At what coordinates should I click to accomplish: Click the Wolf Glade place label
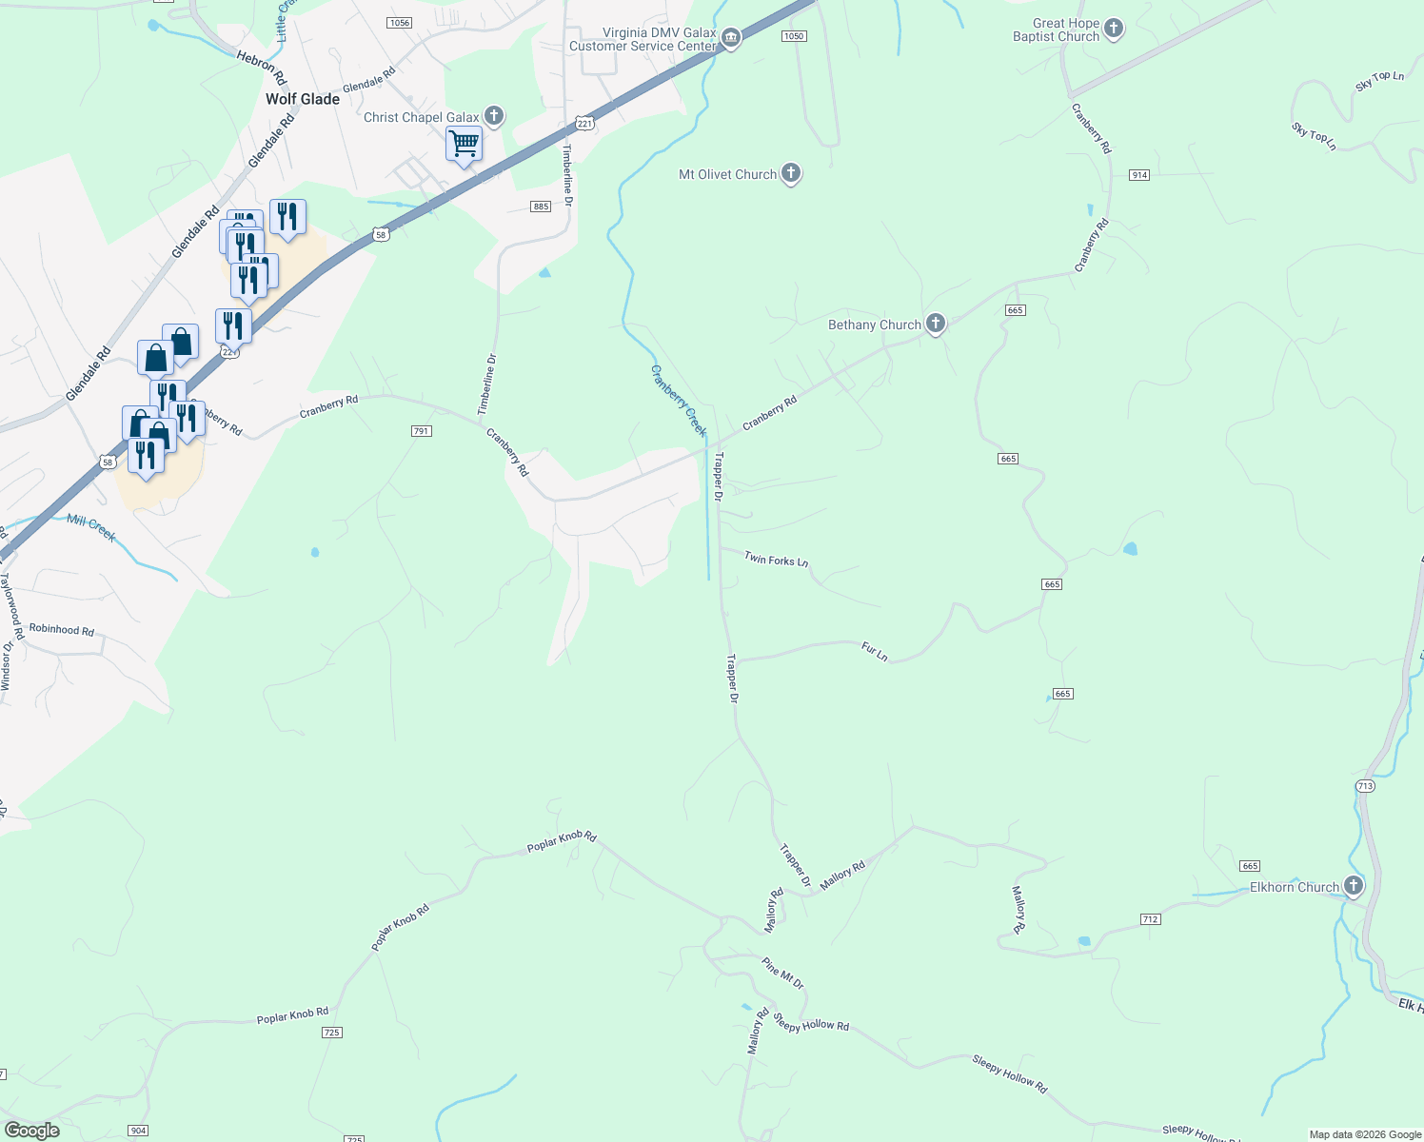click(303, 99)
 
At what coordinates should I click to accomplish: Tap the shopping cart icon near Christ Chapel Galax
click(464, 145)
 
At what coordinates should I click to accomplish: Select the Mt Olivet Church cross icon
click(791, 173)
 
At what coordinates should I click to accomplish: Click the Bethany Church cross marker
click(936, 325)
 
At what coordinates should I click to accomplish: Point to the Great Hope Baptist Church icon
click(1114, 30)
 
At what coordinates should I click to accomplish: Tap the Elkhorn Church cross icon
click(1353, 886)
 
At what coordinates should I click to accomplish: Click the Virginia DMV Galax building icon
click(730, 38)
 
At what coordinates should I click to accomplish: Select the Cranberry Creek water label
click(679, 401)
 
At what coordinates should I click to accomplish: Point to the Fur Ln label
click(874, 652)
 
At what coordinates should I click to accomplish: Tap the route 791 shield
click(422, 431)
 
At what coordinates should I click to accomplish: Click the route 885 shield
click(541, 207)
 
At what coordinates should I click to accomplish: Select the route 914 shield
click(1139, 175)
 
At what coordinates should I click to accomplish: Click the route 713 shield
click(1364, 785)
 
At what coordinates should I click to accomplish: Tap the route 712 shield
click(1150, 919)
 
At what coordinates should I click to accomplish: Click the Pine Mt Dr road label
click(782, 974)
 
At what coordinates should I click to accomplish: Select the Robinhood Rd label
click(62, 629)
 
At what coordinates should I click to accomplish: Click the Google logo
click(32, 1131)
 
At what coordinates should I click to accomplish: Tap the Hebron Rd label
click(261, 68)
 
